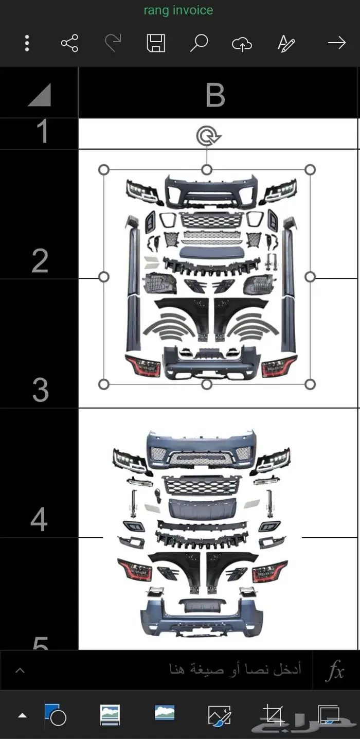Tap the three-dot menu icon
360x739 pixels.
27,43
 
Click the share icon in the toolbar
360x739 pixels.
69,43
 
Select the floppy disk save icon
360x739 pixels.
156,43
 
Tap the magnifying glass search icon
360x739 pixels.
199,43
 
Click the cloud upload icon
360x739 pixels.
242,44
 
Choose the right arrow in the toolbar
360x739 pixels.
337,43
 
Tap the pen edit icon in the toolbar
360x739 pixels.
286,43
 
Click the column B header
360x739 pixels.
215,95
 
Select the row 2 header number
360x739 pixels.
40,261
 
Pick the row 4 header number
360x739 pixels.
39,519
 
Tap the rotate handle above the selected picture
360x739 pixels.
207,136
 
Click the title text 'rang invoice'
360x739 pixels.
178,10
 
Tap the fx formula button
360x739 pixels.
336,671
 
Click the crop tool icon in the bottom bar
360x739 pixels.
274,715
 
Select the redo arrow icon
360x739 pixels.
113,43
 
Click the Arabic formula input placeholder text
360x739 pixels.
235,670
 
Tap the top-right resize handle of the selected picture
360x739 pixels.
310,169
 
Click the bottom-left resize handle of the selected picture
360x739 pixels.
103,384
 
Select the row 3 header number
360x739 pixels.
40,391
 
